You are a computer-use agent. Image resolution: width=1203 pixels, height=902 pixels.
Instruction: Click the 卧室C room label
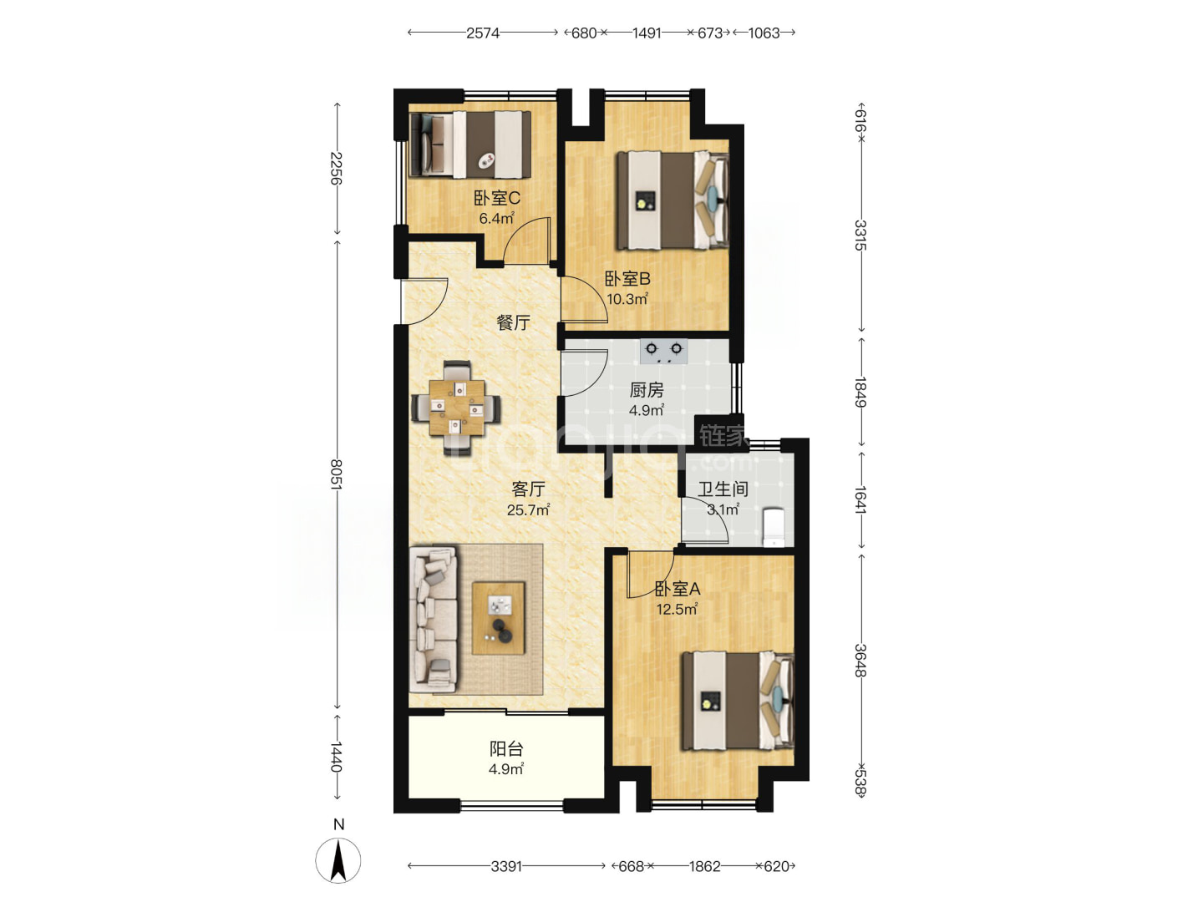pyautogui.click(x=496, y=198)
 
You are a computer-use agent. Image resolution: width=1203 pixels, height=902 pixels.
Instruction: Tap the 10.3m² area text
pyautogui.click(x=627, y=299)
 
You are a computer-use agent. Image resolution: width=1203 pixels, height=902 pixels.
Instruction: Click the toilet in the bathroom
pyautogui.click(x=774, y=527)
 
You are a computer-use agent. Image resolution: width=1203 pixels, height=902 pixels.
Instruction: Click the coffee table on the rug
pyautogui.click(x=498, y=618)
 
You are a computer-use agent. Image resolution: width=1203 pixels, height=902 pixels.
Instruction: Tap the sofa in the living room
pyautogui.click(x=434, y=619)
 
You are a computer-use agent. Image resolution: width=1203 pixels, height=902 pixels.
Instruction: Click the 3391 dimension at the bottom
pyautogui.click(x=506, y=866)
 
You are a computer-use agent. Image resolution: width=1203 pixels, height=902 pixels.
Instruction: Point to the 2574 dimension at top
pyautogui.click(x=482, y=33)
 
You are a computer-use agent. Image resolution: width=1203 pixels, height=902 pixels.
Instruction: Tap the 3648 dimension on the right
pyautogui.click(x=860, y=660)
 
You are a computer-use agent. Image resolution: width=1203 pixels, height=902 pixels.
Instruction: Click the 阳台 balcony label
pyautogui.click(x=506, y=748)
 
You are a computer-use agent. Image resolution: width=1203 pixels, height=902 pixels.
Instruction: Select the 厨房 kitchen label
pyautogui.click(x=646, y=390)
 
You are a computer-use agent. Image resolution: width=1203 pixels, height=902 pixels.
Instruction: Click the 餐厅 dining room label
pyautogui.click(x=513, y=322)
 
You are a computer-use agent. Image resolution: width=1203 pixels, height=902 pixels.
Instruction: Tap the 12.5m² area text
pyautogui.click(x=677, y=609)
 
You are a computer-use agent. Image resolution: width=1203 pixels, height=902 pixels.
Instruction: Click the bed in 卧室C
pyautogui.click(x=471, y=144)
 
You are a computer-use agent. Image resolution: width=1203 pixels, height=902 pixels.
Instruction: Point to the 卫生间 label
pyautogui.click(x=723, y=489)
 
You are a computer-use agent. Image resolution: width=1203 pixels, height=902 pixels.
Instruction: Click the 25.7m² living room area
pyautogui.click(x=528, y=509)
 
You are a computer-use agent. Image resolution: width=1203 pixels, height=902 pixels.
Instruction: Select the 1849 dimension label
pyautogui.click(x=860, y=393)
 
